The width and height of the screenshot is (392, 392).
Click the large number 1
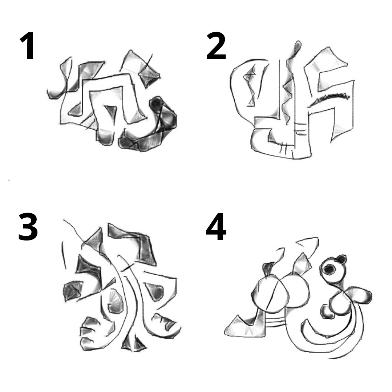click(x=28, y=46)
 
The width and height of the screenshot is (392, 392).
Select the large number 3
click(x=28, y=227)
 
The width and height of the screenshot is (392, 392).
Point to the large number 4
click(x=216, y=227)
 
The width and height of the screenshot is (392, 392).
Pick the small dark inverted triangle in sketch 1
click(x=111, y=111)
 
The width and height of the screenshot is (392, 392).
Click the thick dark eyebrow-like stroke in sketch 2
click(x=330, y=98)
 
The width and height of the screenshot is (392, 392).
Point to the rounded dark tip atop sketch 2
click(x=298, y=46)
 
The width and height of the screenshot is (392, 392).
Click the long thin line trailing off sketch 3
click(x=74, y=231)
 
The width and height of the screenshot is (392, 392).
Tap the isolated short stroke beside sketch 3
click(x=64, y=255)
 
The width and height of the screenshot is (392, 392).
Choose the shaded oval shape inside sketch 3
click(x=116, y=302)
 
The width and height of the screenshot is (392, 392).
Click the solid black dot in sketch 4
click(x=329, y=269)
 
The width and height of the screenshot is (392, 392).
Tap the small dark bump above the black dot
click(x=341, y=259)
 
